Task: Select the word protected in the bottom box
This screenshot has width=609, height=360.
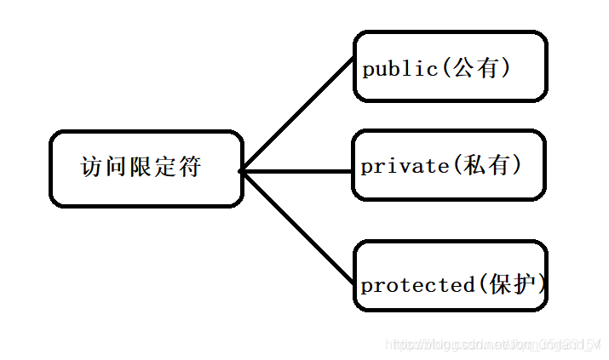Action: [414, 285]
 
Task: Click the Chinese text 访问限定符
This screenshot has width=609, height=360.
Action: [141, 167]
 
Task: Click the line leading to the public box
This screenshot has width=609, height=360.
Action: [298, 114]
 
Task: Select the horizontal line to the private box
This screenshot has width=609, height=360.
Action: [298, 171]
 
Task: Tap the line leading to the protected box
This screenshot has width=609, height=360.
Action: [298, 226]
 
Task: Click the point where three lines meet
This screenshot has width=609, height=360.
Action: [242, 171]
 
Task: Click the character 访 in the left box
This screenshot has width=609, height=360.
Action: [91, 167]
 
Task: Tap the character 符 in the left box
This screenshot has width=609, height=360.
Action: [190, 167]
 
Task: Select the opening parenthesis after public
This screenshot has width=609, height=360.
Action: [444, 69]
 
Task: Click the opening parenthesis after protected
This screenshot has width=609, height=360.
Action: [478, 285]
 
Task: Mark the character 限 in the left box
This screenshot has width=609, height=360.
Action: [141, 167]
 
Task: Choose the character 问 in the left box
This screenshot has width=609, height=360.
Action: [116, 167]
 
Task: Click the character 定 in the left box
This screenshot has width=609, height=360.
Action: [165, 167]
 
